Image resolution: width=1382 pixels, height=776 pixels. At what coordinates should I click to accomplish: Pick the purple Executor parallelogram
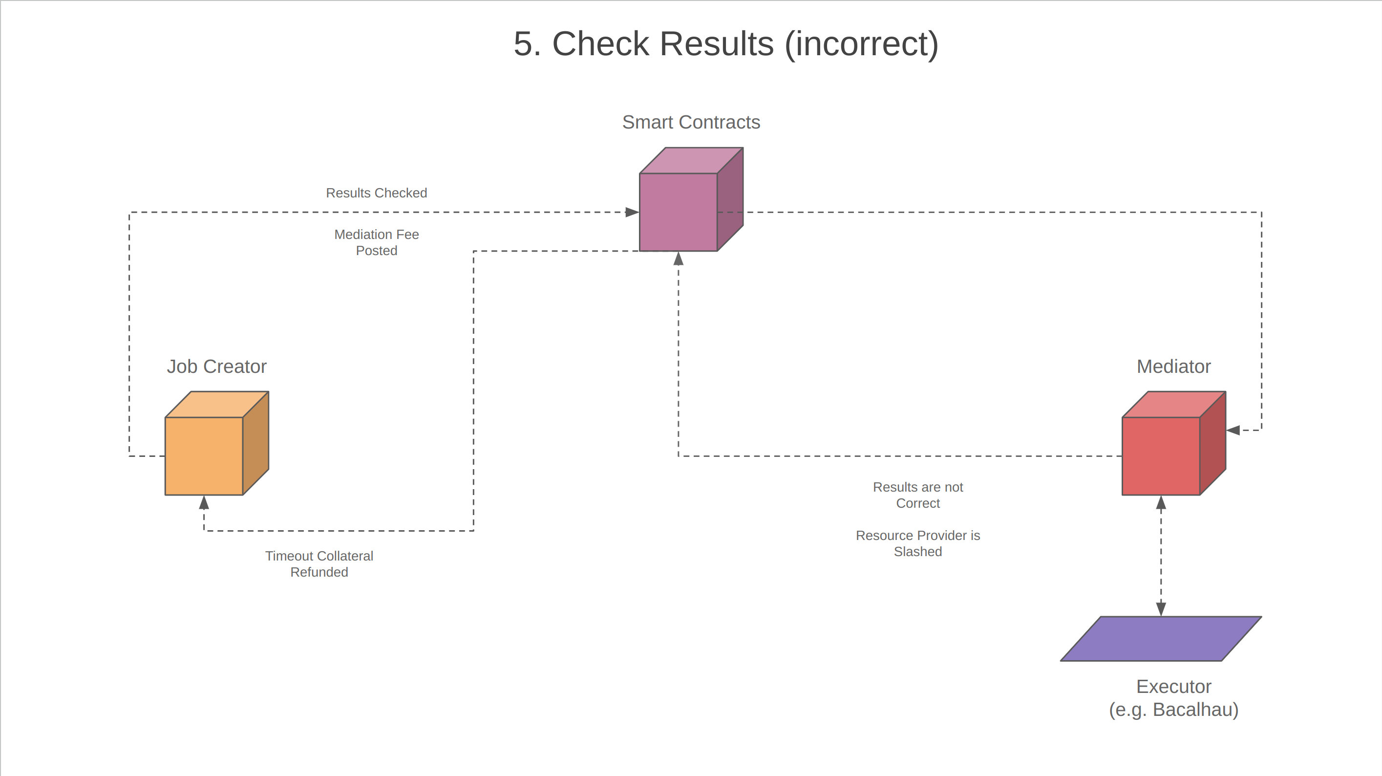1161,639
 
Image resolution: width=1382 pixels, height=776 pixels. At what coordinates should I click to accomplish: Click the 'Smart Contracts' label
691,122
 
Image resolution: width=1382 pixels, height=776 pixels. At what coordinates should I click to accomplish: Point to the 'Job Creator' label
216,366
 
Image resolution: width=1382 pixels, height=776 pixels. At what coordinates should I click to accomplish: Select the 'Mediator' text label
1173,366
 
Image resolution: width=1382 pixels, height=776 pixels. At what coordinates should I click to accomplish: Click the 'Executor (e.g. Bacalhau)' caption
1173,698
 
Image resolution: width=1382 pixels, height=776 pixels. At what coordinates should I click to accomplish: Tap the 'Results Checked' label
376,193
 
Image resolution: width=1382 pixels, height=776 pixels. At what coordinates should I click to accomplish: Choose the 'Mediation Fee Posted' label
376,242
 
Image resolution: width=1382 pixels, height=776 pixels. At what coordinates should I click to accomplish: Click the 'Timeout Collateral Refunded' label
319,564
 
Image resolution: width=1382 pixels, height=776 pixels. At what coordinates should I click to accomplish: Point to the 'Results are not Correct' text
917,495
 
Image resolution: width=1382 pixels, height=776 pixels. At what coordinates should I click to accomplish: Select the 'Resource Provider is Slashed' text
917,543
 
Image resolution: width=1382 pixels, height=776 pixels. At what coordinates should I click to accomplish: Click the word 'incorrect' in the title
861,44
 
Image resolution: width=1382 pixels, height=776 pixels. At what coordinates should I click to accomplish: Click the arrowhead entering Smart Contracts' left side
633,212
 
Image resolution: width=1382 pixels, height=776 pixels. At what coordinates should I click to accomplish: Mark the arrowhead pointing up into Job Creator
204,503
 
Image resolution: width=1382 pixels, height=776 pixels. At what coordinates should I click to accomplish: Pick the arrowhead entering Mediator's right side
1233,430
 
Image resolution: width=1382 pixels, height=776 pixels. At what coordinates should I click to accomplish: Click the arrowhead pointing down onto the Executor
1161,609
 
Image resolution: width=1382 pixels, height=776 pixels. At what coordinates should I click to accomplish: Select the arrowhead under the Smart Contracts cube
679,259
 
